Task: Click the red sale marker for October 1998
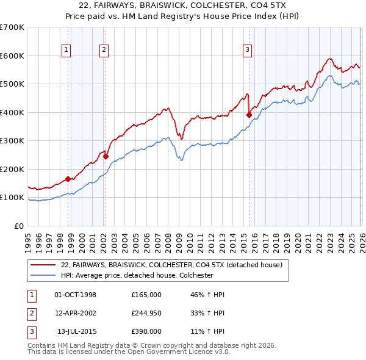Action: click(x=68, y=179)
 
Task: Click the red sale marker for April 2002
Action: click(x=106, y=156)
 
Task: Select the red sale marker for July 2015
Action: click(x=249, y=115)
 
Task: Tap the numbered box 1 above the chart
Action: click(x=66, y=51)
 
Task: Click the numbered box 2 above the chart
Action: click(x=104, y=51)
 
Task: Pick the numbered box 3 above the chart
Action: click(x=248, y=51)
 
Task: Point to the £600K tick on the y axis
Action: click(x=12, y=56)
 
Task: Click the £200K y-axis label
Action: click(x=12, y=169)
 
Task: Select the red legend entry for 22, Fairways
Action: click(x=171, y=265)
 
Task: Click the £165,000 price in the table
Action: click(x=146, y=295)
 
